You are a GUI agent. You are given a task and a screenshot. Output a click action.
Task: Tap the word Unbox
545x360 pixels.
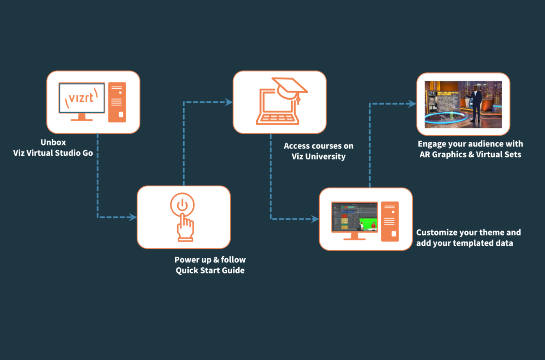coord(53,143)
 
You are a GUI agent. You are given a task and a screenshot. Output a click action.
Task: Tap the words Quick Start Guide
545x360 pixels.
coord(210,271)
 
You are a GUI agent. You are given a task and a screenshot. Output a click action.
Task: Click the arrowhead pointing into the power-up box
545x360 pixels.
coord(133,217)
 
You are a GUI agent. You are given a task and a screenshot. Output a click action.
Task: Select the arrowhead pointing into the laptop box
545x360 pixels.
coord(229,103)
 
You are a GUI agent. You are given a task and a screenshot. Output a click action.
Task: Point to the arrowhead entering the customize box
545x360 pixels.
coord(315,219)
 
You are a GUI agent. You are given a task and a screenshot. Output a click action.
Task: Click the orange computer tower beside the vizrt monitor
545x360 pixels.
coord(117,102)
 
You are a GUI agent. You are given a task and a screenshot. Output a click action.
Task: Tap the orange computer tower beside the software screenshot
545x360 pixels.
coord(390,221)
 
